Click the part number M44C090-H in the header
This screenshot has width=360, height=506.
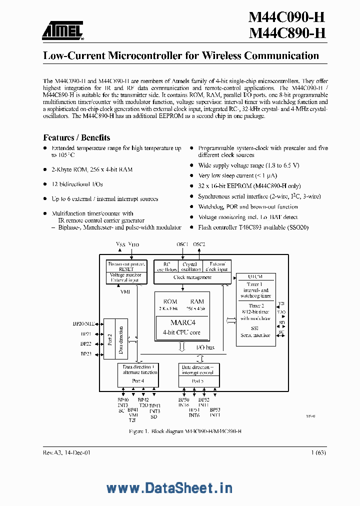pyautogui.click(x=287, y=17)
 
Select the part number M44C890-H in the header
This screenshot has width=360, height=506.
pyautogui.click(x=287, y=33)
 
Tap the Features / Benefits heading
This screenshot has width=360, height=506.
pyautogui.click(x=76, y=137)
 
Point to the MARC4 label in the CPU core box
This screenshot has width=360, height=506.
pyautogui.click(x=182, y=322)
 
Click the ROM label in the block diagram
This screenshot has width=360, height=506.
pyautogui.click(x=170, y=301)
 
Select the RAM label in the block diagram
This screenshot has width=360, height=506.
pyautogui.click(x=196, y=301)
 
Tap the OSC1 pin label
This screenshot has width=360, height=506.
pyautogui.click(x=182, y=244)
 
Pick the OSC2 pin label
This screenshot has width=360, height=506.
pyautogui.click(x=199, y=244)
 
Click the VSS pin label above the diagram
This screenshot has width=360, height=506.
pyautogui.click(x=120, y=244)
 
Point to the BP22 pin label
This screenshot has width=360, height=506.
pyautogui.click(x=85, y=344)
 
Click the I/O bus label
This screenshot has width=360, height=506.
pyautogui.click(x=206, y=347)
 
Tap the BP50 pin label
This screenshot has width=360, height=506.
pyautogui.click(x=183, y=400)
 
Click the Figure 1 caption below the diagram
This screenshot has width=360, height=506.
pyautogui.click(x=185, y=431)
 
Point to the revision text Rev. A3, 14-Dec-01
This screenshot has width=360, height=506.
pyautogui.click(x=67, y=452)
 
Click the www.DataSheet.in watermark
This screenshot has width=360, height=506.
pyautogui.click(x=169, y=488)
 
